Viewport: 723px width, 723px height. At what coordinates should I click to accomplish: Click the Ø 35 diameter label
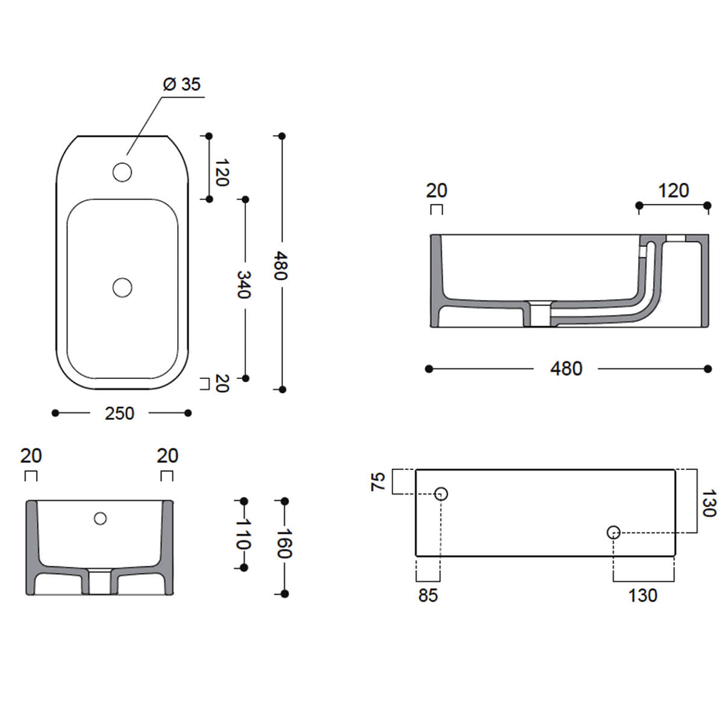(x=181, y=84)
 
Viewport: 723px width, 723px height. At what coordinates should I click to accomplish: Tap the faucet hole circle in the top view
(x=122, y=173)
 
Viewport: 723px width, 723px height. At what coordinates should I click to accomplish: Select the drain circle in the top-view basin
(x=122, y=287)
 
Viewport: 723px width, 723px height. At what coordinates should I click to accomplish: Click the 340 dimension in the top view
(x=243, y=284)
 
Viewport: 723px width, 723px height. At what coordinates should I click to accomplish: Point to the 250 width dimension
(x=119, y=413)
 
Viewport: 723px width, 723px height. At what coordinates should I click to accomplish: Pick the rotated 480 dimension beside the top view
(x=281, y=265)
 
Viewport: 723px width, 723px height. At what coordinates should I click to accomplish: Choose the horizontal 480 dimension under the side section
(x=566, y=369)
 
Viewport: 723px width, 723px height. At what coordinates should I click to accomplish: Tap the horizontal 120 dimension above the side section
(x=673, y=190)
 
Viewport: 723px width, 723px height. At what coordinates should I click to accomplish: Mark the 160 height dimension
(x=284, y=543)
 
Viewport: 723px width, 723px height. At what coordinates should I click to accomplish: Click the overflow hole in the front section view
(x=101, y=518)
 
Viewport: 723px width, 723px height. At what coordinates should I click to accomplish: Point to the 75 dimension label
(x=378, y=482)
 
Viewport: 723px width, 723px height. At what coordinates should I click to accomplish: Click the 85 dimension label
(x=428, y=595)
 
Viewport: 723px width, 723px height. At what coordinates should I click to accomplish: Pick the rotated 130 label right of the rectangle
(x=709, y=504)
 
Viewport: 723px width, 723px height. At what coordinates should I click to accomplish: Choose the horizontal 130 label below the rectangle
(x=642, y=595)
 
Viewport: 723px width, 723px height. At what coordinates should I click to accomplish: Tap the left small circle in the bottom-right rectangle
(x=442, y=494)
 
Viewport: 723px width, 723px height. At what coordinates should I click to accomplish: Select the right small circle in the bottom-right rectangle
(x=613, y=532)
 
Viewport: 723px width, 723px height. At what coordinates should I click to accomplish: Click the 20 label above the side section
(x=437, y=190)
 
